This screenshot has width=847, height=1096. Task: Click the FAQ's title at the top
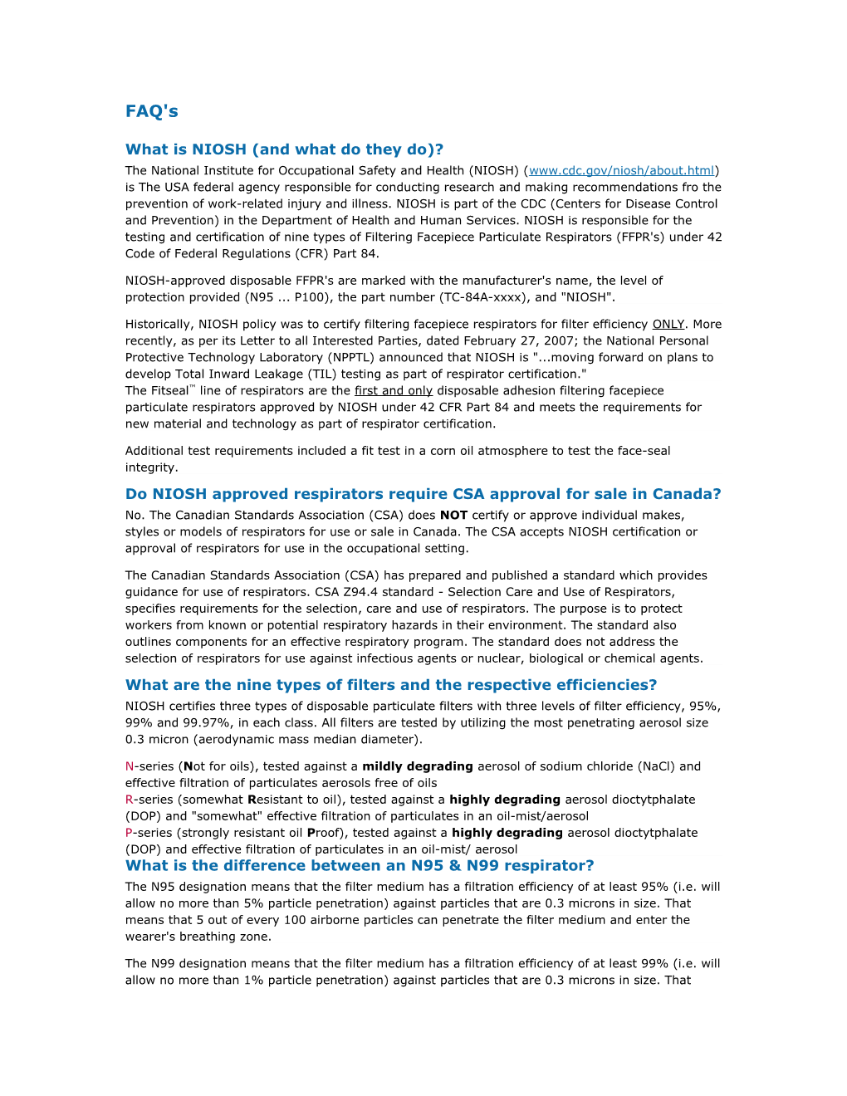pyautogui.click(x=152, y=111)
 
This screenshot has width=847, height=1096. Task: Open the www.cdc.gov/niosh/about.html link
pyautogui.click(x=622, y=171)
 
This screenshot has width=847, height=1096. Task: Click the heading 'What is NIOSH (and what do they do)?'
pyautogui.click(x=284, y=149)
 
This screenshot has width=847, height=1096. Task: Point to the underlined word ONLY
pyautogui.click(x=668, y=325)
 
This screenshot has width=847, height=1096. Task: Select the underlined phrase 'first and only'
pyautogui.click(x=394, y=391)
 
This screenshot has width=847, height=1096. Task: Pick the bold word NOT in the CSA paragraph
pyautogui.click(x=453, y=516)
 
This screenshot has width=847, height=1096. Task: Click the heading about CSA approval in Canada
pyautogui.click(x=423, y=494)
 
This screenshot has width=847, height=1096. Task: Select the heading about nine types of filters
pyautogui.click(x=390, y=685)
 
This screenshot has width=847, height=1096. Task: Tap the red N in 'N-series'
pyautogui.click(x=130, y=766)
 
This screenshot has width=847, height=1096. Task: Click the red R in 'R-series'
pyautogui.click(x=130, y=800)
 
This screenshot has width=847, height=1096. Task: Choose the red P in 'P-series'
pyautogui.click(x=130, y=833)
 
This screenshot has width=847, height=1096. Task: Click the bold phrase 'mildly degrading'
pyautogui.click(x=418, y=766)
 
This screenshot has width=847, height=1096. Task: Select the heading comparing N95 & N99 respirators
pyautogui.click(x=360, y=865)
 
